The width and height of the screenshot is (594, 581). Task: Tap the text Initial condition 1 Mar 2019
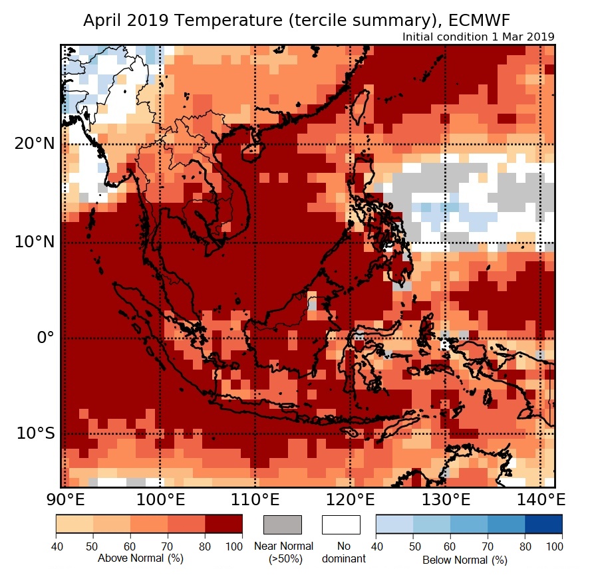(x=478, y=37)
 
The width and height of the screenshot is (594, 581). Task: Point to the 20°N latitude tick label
(x=35, y=144)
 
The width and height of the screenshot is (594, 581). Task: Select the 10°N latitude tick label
(x=35, y=242)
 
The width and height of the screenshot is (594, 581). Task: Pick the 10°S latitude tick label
(x=36, y=433)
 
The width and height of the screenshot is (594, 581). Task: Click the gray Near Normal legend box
(x=283, y=524)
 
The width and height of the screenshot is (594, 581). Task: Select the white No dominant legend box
(x=341, y=524)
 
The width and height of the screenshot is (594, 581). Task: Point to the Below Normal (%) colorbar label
(x=465, y=560)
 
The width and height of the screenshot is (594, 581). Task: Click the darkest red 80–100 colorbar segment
(x=223, y=524)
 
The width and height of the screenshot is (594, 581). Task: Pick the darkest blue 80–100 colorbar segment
(x=543, y=524)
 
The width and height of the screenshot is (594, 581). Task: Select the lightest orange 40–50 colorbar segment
(x=74, y=524)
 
